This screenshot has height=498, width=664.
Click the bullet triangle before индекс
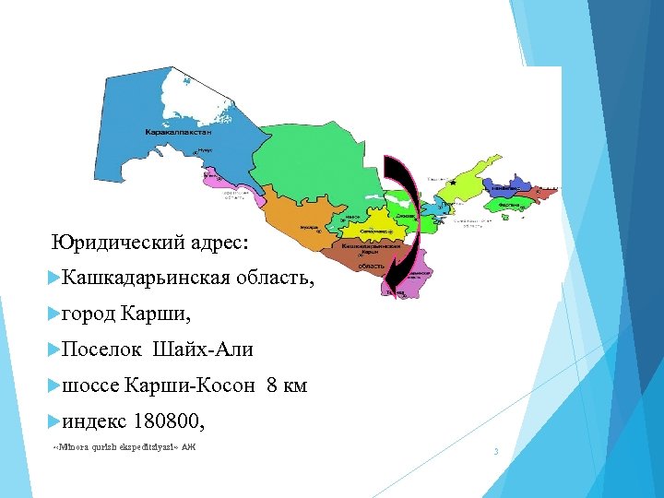click(x=52, y=422)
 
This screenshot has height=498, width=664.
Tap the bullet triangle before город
click(x=52, y=314)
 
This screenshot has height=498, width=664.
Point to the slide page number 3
click(x=496, y=451)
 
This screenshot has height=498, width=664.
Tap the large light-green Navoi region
click(x=304, y=157)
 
